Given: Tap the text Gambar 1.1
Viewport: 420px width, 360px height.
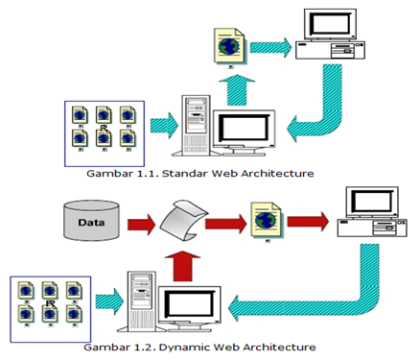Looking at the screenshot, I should point(107,175).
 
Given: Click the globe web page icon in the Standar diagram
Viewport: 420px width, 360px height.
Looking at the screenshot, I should point(227,48).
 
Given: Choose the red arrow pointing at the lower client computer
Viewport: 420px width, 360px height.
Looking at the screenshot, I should point(308,220).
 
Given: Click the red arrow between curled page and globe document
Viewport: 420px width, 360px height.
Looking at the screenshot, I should point(226,220).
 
